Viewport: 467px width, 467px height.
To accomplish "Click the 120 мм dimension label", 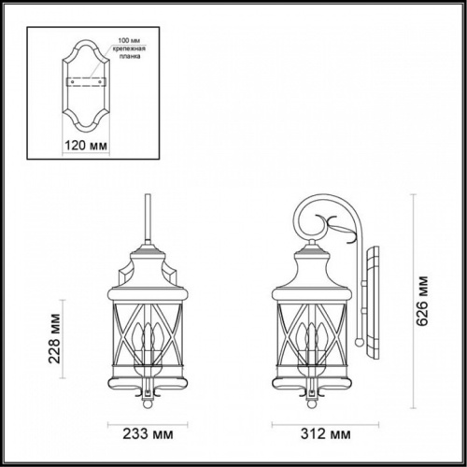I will point(86,145).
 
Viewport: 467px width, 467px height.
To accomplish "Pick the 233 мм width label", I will point(148,434).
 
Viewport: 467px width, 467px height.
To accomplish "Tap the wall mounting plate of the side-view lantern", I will point(374,308).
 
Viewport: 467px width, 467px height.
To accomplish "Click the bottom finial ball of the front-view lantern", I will point(148,406).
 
